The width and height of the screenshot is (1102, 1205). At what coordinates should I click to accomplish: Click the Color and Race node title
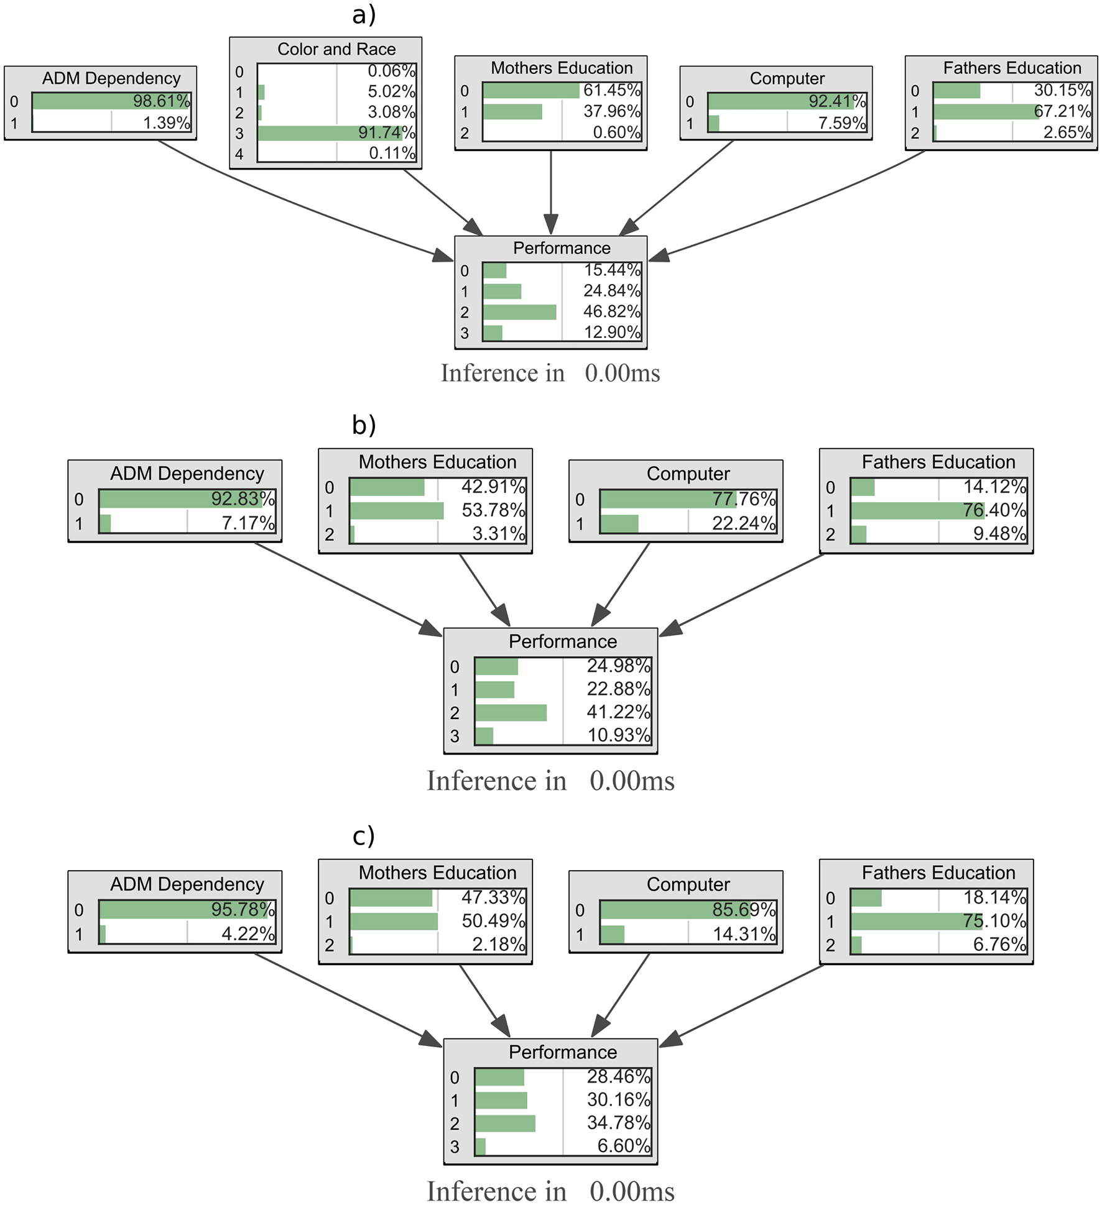tap(336, 49)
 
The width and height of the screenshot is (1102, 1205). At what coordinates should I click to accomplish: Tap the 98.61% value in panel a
tap(161, 101)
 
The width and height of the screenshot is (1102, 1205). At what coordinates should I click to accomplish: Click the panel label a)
tap(364, 15)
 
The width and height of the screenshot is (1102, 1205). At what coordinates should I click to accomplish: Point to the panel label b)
tap(364, 425)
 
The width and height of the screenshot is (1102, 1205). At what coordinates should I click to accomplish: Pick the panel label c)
tap(363, 836)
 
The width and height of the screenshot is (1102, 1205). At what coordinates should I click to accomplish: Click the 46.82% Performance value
tap(611, 311)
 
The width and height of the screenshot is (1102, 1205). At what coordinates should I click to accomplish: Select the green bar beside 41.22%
tap(511, 712)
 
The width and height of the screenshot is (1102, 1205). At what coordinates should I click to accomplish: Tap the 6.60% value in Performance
tap(624, 1145)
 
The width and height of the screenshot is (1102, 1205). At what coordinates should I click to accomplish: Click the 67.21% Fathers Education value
tap(1062, 111)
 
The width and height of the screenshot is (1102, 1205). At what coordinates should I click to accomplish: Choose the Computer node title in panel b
tap(688, 474)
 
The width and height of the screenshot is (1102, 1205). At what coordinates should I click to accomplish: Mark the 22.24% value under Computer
tap(744, 523)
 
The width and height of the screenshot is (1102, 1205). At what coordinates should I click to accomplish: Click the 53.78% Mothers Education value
tap(493, 510)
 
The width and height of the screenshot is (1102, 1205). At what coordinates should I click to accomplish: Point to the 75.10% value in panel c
tap(994, 920)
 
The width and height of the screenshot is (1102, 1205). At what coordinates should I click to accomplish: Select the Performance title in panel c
tap(562, 1052)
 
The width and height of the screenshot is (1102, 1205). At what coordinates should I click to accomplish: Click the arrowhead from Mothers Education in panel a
tap(550, 224)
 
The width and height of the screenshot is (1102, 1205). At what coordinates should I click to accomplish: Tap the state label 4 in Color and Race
tap(239, 154)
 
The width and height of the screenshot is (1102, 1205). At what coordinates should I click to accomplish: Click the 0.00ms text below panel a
tap(622, 373)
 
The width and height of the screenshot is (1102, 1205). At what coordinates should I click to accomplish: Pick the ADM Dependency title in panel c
tap(187, 884)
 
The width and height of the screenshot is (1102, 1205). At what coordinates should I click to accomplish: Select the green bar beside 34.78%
tap(505, 1123)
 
